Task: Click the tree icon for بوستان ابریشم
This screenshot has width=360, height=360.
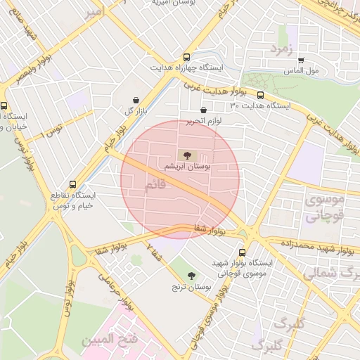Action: [x=187, y=155]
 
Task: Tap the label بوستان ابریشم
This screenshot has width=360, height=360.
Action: [x=187, y=168]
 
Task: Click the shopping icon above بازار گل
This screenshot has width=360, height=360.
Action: [x=136, y=100]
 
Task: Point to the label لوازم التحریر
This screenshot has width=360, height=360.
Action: [x=204, y=122]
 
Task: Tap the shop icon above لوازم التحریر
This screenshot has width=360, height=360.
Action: [x=204, y=110]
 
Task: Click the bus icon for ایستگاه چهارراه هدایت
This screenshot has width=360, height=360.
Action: [x=186, y=57]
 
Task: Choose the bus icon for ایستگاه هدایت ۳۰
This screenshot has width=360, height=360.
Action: [x=260, y=95]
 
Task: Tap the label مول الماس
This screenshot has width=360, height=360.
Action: [x=302, y=72]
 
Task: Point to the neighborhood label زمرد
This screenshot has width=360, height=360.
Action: [x=285, y=48]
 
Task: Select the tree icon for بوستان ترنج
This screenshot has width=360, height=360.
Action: [x=191, y=275]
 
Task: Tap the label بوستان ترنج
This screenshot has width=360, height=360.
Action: [x=191, y=288]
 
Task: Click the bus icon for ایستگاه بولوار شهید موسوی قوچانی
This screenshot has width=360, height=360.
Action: [x=243, y=252]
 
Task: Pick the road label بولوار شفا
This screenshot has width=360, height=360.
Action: [x=209, y=229]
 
